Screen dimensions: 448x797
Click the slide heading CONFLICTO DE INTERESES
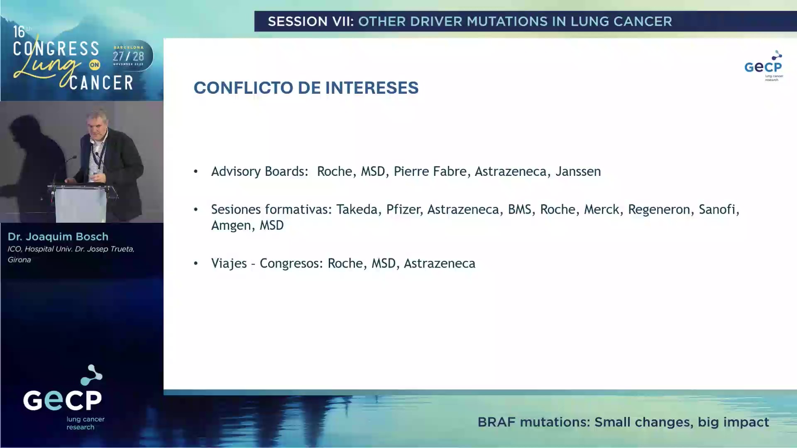pos(306,88)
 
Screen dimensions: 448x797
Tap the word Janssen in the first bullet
pos(578,171)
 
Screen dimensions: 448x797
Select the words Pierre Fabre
pos(430,171)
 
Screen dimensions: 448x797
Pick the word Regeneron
pos(659,209)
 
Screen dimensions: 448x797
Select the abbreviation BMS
pos(519,209)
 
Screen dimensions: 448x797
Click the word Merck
pos(601,209)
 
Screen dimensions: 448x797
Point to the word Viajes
pos(229,263)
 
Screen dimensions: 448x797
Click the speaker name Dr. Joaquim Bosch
pos(58,237)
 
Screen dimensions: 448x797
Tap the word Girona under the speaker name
pos(19,260)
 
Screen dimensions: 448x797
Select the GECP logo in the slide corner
pos(763,66)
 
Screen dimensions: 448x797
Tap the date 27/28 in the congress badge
pos(128,56)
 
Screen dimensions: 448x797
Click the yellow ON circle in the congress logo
pos(95,65)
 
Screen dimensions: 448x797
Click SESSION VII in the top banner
pos(310,22)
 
